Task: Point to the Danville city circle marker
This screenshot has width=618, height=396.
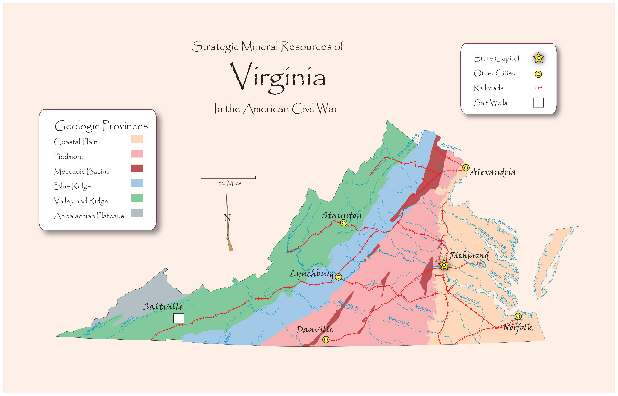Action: [326, 339]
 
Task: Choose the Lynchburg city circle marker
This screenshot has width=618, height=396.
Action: [338, 277]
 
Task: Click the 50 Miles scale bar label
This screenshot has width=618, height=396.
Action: [230, 183]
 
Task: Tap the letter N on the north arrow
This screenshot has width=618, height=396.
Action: [227, 218]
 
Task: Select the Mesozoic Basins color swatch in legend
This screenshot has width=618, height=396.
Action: [137, 168]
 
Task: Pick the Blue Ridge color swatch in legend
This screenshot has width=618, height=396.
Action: [137, 183]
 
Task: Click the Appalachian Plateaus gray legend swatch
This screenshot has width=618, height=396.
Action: [137, 213]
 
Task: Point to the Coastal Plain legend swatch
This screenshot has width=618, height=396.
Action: [137, 139]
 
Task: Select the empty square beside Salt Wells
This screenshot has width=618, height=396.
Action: [538, 102]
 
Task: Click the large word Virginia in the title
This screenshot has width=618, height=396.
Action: [278, 77]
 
